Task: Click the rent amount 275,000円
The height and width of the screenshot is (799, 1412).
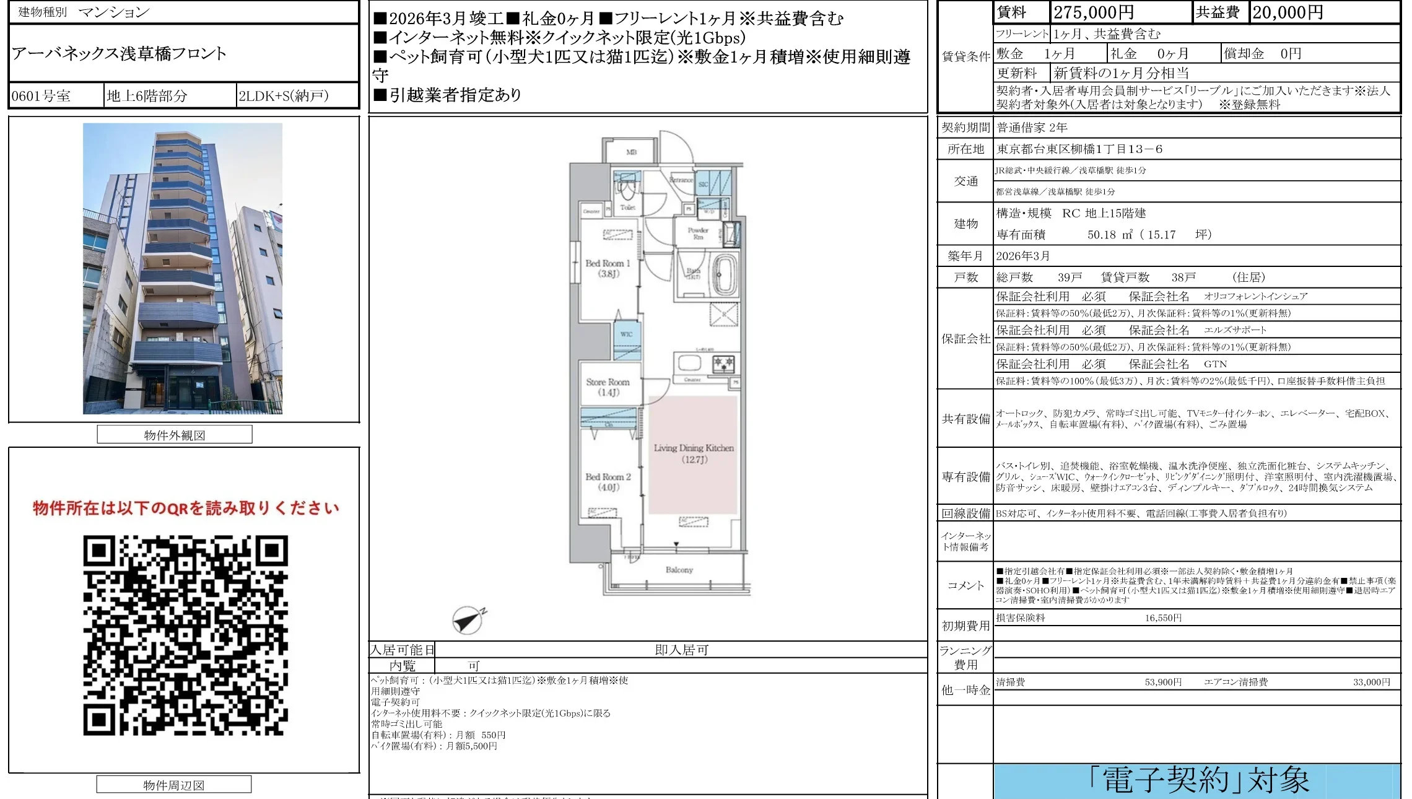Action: click(1094, 12)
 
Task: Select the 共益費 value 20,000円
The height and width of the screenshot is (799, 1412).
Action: click(1287, 12)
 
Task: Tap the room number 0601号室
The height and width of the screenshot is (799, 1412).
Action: click(41, 96)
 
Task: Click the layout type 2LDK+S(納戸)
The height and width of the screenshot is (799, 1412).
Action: click(284, 96)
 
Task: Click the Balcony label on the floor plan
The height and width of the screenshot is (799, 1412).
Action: click(679, 570)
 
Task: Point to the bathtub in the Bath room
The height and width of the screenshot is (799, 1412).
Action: click(725, 274)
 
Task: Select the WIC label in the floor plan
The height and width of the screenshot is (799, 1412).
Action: click(627, 334)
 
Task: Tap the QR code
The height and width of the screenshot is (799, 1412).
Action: click(185, 635)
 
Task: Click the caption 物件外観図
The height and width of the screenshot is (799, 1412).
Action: click(175, 435)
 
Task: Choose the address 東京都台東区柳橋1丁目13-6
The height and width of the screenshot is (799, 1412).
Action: click(1079, 149)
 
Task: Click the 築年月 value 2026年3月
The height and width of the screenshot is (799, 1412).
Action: click(1022, 256)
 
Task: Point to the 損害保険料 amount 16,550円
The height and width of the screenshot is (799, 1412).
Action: click(1162, 618)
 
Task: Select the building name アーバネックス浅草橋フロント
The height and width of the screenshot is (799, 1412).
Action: click(119, 54)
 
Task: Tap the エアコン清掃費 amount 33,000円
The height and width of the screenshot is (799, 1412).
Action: click(1371, 682)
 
